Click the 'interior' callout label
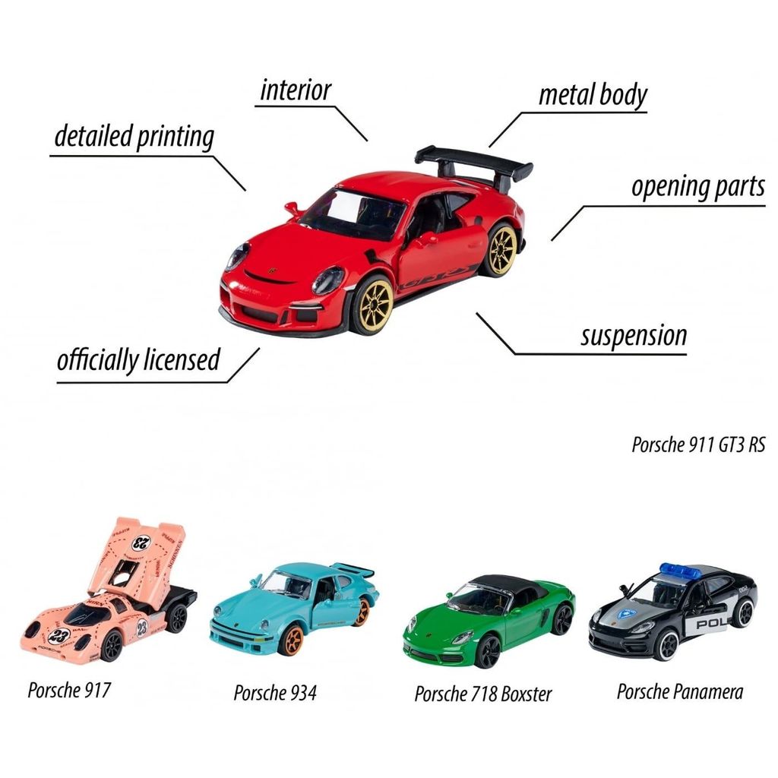coord(296,90)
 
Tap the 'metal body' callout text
coord(593,94)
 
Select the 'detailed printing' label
coord(134,137)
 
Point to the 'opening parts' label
coord(698,187)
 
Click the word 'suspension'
coord(634,336)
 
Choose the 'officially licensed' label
coord(138,359)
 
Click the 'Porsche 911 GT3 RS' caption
coord(698,444)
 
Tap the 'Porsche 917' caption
coord(69,690)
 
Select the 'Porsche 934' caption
coord(275,693)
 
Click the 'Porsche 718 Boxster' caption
coord(482,694)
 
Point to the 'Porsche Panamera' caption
coord(680,691)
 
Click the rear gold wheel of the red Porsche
coord(501,249)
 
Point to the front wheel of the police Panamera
coord(669,646)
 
